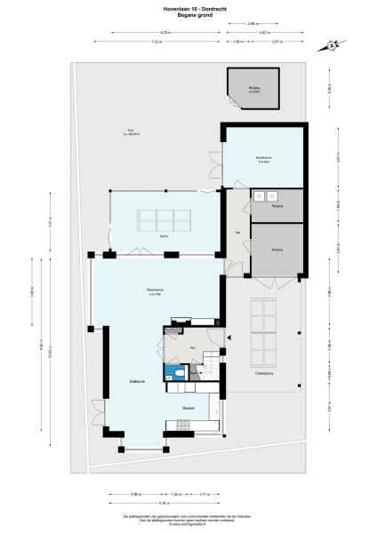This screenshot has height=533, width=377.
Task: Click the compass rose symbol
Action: click(x=331, y=44)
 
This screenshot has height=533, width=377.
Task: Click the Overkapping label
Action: click(x=263, y=373)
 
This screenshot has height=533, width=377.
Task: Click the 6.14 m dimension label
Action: click(x=166, y=502)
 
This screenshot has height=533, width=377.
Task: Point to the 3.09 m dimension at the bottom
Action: click(x=136, y=493)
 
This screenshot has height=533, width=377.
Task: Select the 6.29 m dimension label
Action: click(x=141, y=33)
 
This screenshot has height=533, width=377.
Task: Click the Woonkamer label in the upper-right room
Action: click(x=262, y=161)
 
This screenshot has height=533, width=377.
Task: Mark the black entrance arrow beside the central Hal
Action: click(x=229, y=338)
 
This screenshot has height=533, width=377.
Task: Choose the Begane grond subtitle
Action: click(x=188, y=15)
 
